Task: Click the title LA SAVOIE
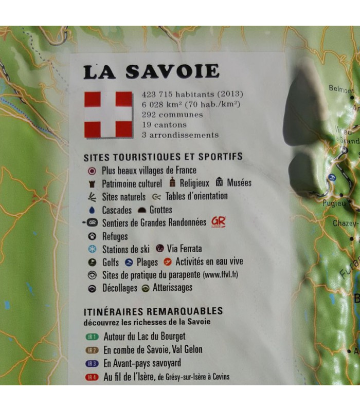click(151, 71)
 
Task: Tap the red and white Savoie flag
click(108, 114)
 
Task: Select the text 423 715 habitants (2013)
click(192, 94)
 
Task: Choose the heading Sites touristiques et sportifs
click(163, 156)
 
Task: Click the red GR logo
click(218, 222)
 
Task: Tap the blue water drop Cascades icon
click(92, 210)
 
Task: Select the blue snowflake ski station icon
click(92, 249)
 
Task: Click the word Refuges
click(115, 236)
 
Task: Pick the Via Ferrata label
click(184, 249)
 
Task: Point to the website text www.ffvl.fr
click(221, 275)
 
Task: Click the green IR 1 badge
click(91, 338)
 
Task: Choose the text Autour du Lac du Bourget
click(144, 337)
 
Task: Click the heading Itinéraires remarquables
click(153, 311)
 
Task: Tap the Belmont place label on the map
click(341, 89)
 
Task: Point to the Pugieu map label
click(334, 203)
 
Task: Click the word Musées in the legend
click(239, 182)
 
